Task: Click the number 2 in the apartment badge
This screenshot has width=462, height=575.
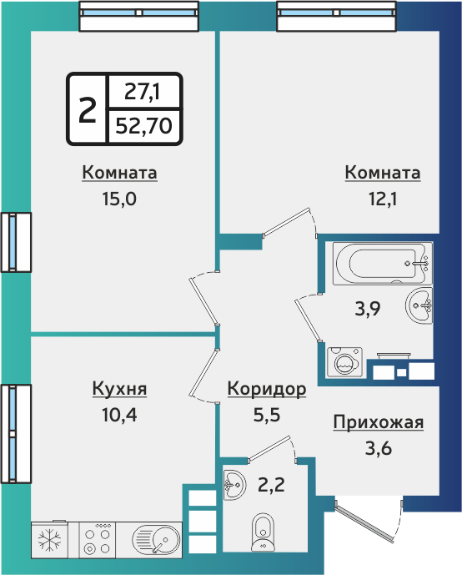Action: coord(87,108)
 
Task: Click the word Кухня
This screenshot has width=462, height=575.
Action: coord(119,389)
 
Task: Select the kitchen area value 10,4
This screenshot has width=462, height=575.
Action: coord(119,414)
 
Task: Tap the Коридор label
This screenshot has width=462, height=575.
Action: coord(267,389)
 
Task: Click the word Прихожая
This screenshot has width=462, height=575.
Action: coord(378,422)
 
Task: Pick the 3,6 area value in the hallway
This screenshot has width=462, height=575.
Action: coord(378,448)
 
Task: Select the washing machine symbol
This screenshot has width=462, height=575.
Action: coord(344,361)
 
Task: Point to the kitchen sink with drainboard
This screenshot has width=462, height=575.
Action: coord(155,540)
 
